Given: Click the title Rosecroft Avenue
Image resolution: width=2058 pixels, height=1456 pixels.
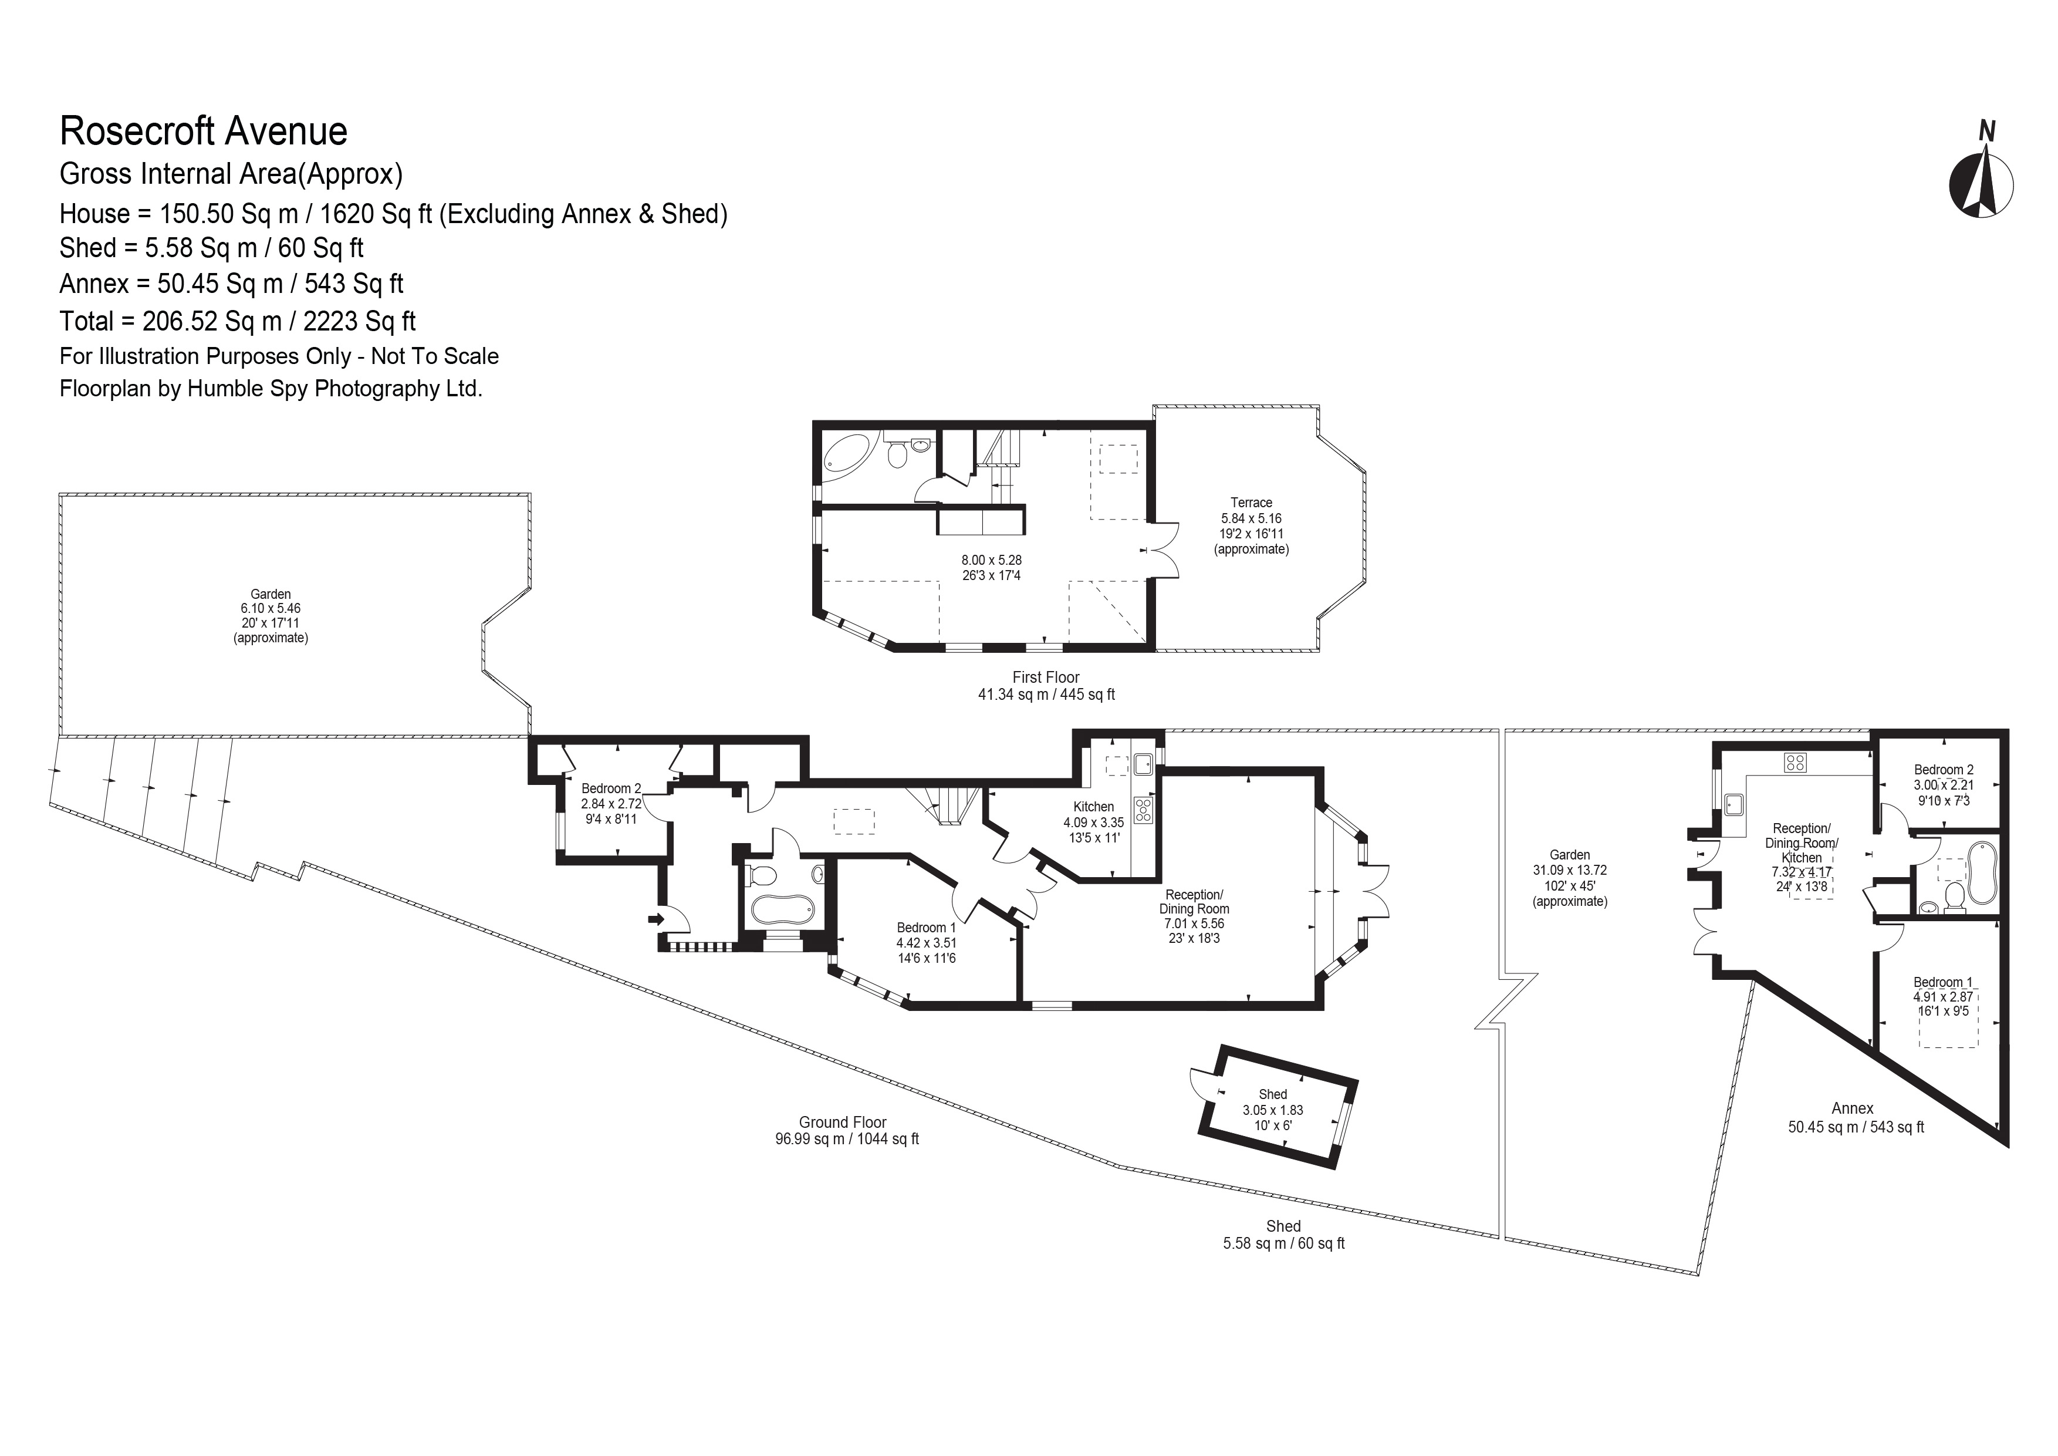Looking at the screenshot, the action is pos(204,131).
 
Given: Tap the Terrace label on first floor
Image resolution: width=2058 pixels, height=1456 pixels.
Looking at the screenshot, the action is pos(1251,503).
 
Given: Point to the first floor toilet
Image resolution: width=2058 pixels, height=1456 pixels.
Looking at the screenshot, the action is pos(896,454).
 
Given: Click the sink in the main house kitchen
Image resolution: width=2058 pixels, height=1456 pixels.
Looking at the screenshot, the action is pos(1143,764).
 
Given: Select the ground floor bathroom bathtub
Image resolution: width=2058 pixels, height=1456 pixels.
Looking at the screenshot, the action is pos(782,909).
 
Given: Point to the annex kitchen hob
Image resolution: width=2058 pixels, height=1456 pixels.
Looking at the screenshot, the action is pos(1795,763).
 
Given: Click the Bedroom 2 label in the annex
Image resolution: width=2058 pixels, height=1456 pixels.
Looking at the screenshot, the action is pos(1943,769).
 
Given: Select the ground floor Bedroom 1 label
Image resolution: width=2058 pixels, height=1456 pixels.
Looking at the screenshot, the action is pos(926,928).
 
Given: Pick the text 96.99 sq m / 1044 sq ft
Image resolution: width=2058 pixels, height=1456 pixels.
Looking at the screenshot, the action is pos(846,1140).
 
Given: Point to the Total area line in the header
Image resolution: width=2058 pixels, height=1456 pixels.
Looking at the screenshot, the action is pos(238,321).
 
